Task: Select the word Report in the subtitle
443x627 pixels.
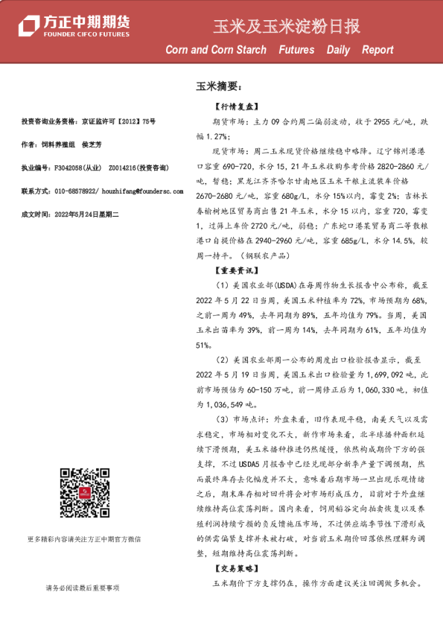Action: coord(377,51)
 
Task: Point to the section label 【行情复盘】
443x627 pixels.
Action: coord(234,107)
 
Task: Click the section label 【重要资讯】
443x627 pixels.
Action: coord(234,272)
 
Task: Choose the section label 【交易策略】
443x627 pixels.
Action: coord(234,567)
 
